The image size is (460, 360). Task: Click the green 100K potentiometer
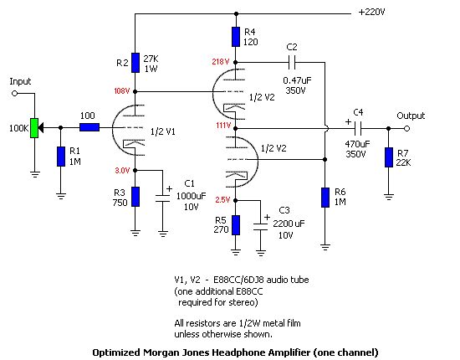[34, 128]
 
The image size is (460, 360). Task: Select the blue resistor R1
[61, 157]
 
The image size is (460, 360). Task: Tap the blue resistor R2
[135, 63]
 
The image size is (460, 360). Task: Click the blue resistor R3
[135, 197]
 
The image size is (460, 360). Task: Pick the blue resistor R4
[236, 37]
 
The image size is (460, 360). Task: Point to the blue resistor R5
[236, 225]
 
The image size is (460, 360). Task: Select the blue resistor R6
[325, 198]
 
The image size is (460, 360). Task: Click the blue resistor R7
[389, 157]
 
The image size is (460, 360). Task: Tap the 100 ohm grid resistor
[89, 127]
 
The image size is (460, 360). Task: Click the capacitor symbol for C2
[292, 62]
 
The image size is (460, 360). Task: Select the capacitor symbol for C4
[358, 128]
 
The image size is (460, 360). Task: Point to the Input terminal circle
[15, 94]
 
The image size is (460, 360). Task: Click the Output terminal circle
[406, 128]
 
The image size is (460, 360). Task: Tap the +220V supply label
[371, 12]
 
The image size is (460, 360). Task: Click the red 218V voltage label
[221, 62]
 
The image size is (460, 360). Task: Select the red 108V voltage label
[122, 91]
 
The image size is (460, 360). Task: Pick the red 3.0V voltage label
[122, 170]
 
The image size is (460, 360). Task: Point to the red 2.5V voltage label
[222, 200]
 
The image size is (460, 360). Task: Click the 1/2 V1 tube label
[163, 131]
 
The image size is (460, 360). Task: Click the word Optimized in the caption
[116, 352]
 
